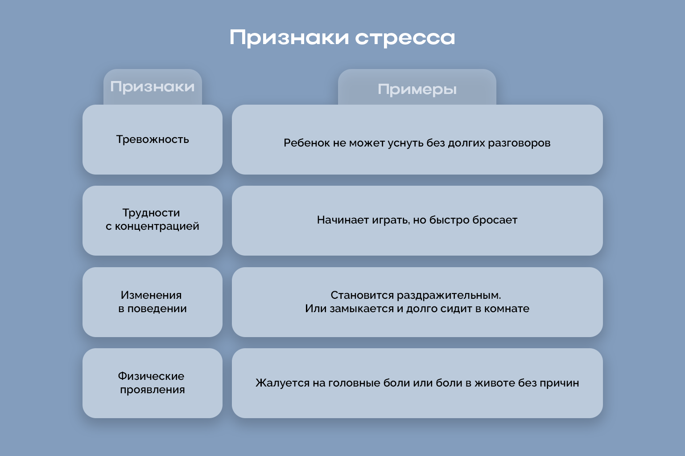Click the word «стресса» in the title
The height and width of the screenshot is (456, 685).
click(405, 38)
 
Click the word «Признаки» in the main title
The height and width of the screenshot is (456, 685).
click(289, 38)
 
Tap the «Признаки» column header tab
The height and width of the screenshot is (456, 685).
click(153, 86)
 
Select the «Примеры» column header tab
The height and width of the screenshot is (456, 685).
click(417, 90)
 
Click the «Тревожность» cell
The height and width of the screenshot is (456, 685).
click(153, 139)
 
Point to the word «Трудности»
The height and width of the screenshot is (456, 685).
click(151, 213)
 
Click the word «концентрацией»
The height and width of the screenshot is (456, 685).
click(157, 226)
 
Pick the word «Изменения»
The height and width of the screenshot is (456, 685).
click(151, 295)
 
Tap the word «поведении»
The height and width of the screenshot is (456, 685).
click(157, 309)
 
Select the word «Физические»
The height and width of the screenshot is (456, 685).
click(151, 376)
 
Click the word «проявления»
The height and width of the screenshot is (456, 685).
click(153, 390)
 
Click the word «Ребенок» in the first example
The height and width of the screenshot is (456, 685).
click(307, 143)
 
